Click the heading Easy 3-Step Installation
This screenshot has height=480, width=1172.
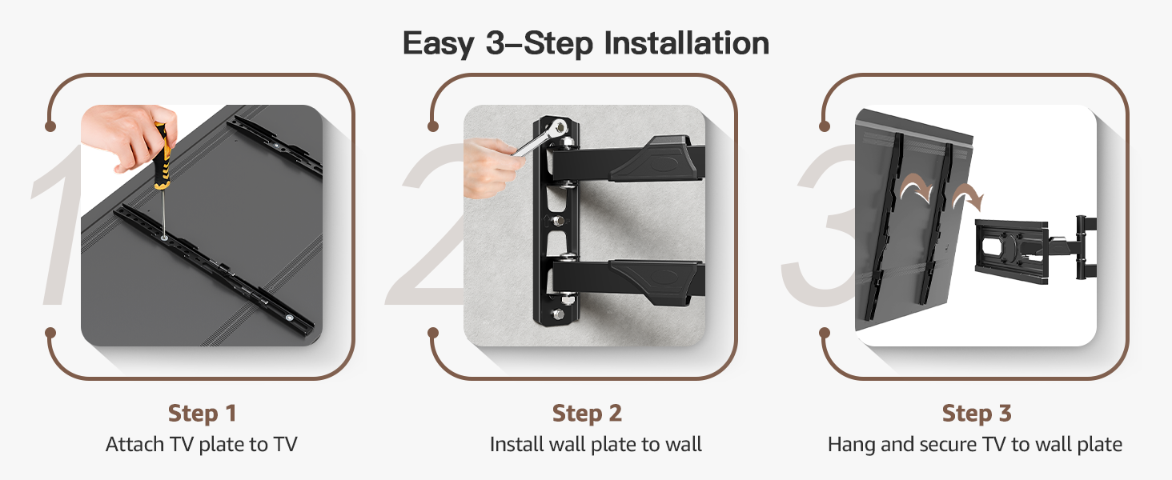coord(585,43)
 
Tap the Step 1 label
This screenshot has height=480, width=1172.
coord(202,414)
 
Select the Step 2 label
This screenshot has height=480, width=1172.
coord(587,414)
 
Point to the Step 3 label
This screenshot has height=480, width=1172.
coord(977,414)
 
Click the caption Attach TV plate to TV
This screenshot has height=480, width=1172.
coord(202,445)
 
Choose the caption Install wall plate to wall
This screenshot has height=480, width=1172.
coord(596,445)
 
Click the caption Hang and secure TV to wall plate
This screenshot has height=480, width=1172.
coord(975,445)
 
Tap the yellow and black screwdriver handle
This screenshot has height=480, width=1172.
coord(163,157)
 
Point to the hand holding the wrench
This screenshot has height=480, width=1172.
coord(492,168)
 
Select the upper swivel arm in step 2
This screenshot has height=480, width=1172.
coord(628,159)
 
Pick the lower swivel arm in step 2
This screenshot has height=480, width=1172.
coord(628,280)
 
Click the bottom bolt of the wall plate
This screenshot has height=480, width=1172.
coord(558,314)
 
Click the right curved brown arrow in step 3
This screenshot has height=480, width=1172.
coord(968,197)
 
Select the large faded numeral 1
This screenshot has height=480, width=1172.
coord(58,225)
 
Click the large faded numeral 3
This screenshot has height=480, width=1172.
coord(819,225)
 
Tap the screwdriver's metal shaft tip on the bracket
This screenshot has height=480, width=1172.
coord(165,238)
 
